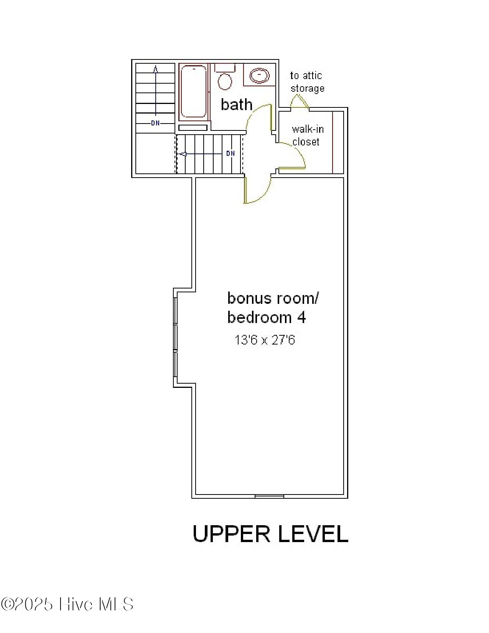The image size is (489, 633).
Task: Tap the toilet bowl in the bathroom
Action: point(225,81)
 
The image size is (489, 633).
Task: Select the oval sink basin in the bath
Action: point(260,75)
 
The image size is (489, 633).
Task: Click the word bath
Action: point(236,105)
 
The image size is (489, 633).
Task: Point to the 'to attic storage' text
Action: point(307,82)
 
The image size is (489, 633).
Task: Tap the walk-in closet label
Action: point(307,135)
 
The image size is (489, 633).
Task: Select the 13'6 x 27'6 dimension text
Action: point(265,340)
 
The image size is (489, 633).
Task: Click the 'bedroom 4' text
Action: point(267,318)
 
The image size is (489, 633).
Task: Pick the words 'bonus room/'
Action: point(273,298)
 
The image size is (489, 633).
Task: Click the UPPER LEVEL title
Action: point(270,534)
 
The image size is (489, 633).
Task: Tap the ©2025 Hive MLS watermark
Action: point(67,604)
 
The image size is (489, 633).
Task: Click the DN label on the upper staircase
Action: point(155,123)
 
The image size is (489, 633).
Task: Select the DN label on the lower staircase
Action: point(230,153)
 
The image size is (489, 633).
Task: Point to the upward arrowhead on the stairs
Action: point(155,69)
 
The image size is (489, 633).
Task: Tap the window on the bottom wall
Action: point(269,496)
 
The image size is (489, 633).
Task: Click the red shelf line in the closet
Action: point(333,142)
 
